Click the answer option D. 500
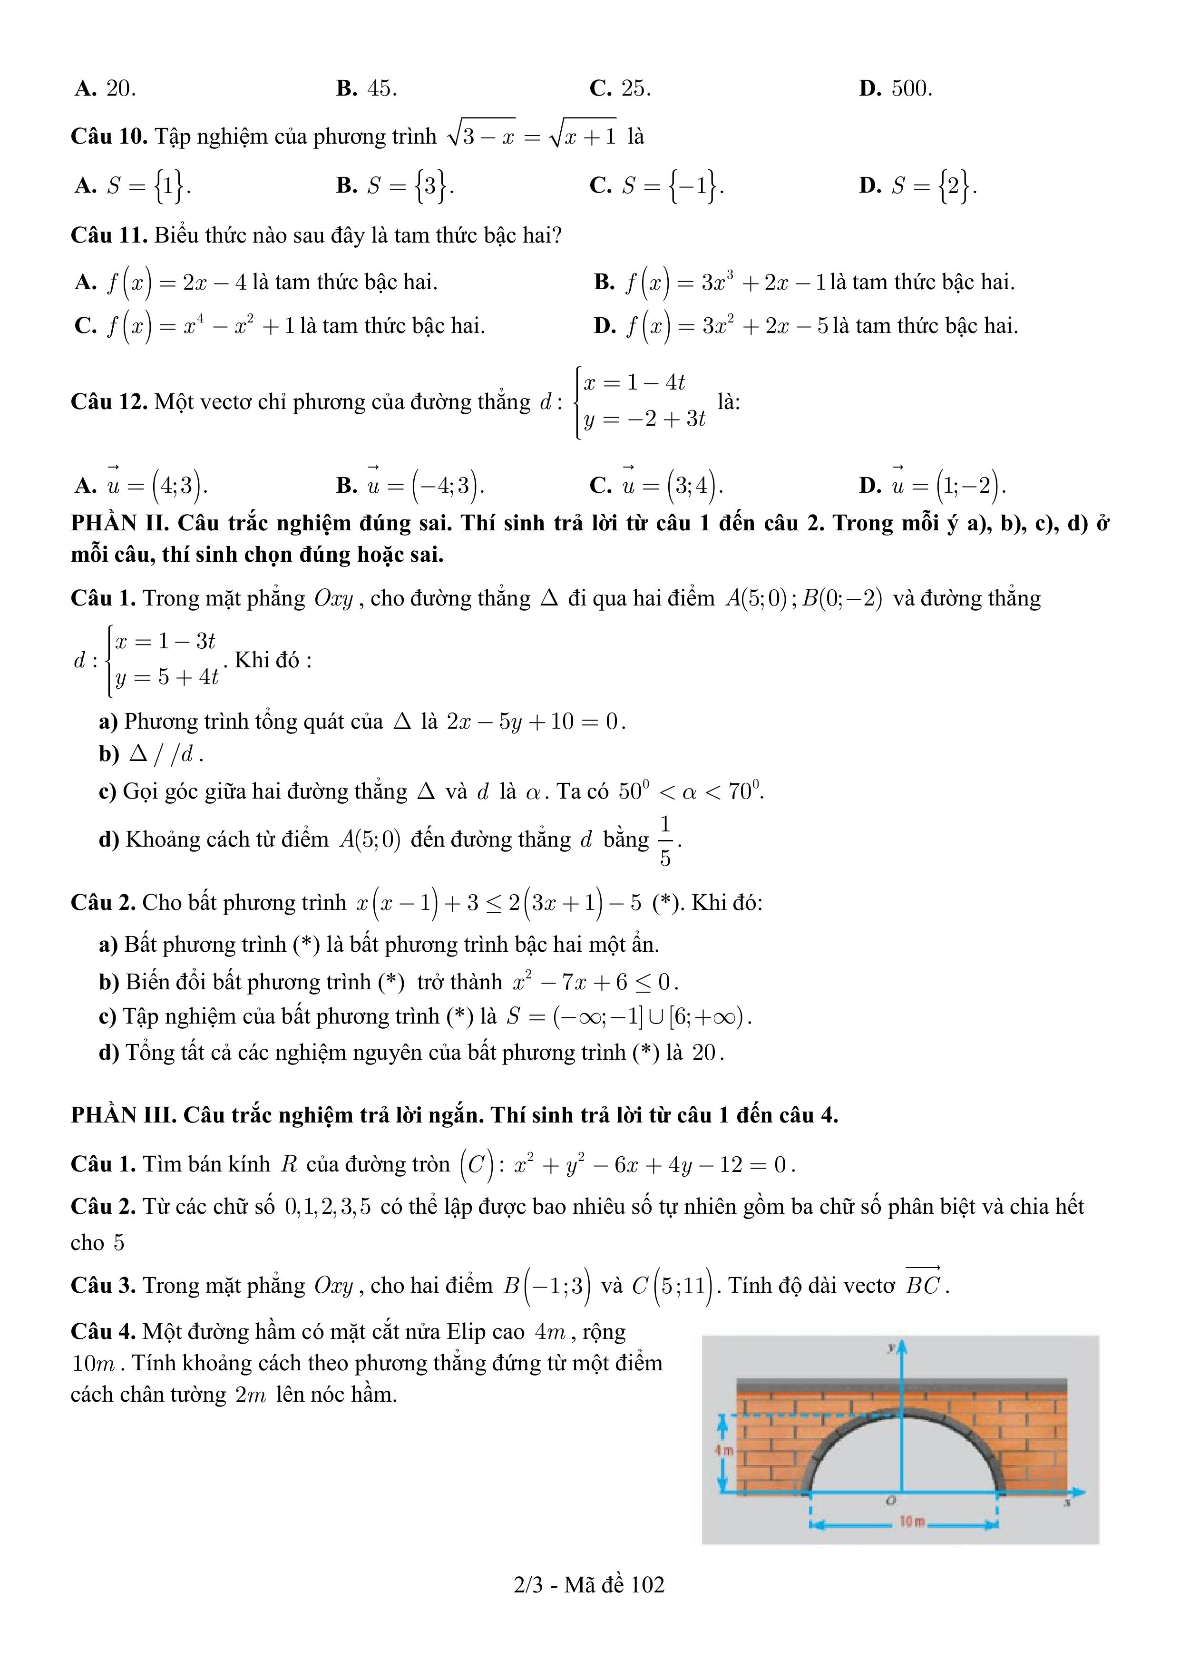[x=895, y=88]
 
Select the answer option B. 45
[x=366, y=88]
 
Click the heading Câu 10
[x=109, y=137]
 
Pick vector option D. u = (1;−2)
[x=933, y=485]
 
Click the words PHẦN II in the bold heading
[x=117, y=523]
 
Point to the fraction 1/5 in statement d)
[x=665, y=840]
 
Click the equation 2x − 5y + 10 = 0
[x=535, y=722]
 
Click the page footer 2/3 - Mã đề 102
[x=589, y=1585]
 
